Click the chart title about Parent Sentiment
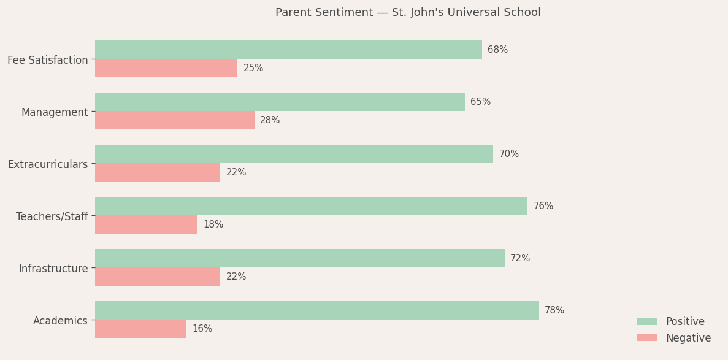[x=408, y=13]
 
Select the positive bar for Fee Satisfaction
[x=288, y=50]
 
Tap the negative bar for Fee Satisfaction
[x=166, y=68]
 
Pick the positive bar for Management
[x=280, y=102]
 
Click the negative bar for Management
[x=175, y=120]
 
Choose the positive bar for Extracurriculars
[x=294, y=154]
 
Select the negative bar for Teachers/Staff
[x=146, y=224]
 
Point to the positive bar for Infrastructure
[x=300, y=258]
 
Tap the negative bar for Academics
[x=140, y=329]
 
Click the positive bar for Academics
[x=317, y=310]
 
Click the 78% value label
[x=554, y=310]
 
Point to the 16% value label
[x=202, y=329]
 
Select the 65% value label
[x=480, y=102]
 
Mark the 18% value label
[x=213, y=224]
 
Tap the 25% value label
[x=253, y=68]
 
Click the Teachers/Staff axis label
[x=52, y=216]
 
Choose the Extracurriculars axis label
[x=48, y=164]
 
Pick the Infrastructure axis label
[x=53, y=269]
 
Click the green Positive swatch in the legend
[x=647, y=321]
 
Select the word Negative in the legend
[x=688, y=338]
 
